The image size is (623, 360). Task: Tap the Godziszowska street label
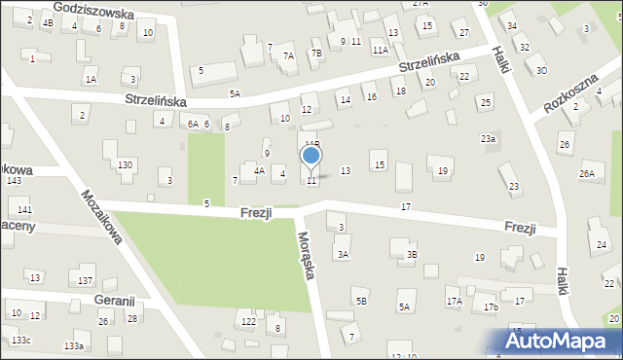(93, 12)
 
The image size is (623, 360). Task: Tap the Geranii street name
(116, 302)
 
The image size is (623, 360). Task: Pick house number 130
(125, 165)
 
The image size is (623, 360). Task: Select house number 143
(14, 181)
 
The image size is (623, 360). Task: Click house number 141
(24, 210)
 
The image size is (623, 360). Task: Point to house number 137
(86, 281)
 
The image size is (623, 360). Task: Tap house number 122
(249, 321)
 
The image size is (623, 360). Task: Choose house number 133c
(20, 340)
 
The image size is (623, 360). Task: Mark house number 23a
(488, 139)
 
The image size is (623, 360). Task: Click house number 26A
(586, 174)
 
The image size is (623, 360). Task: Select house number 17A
(454, 302)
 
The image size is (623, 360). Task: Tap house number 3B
(412, 255)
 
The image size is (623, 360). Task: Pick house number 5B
(361, 302)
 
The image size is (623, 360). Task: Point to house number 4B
(47, 22)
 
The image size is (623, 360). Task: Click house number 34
(511, 25)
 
